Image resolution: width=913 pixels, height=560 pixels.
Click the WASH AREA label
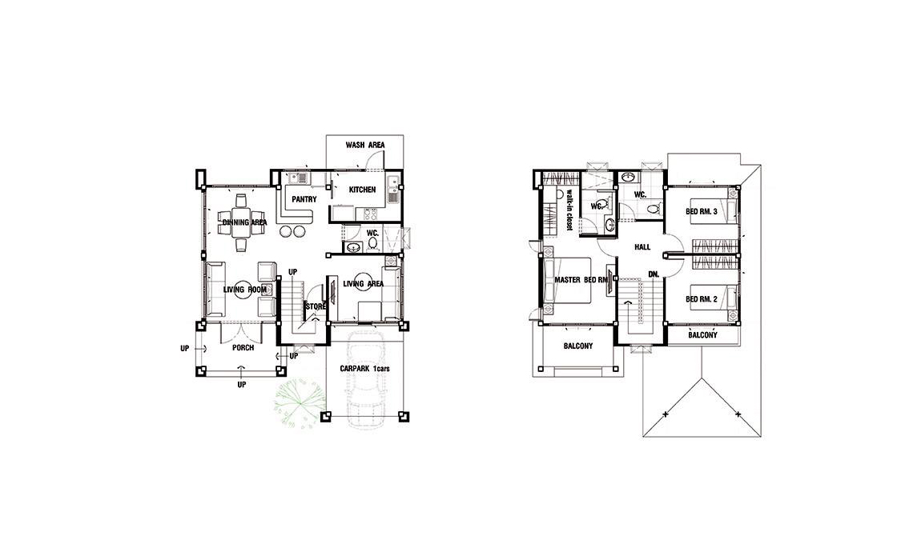pos(365,145)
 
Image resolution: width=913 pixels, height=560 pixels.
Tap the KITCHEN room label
pos(362,190)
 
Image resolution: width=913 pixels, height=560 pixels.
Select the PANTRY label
pos(304,199)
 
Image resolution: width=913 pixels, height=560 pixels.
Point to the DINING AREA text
pos(244,222)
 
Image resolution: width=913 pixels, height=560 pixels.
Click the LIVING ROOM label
pos(245,290)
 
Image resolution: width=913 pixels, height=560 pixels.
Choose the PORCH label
pos(243,348)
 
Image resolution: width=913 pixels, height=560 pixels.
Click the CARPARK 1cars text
pos(365,370)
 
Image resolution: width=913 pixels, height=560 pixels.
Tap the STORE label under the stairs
pos(316,306)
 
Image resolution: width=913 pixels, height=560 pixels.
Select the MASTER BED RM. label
pos(581,280)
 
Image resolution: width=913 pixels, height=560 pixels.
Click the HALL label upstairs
pos(642,247)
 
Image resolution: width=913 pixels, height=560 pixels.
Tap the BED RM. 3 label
pos(701,212)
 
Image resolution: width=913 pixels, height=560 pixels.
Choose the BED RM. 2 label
pos(701,299)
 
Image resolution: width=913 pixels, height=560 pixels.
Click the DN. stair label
pos(654,274)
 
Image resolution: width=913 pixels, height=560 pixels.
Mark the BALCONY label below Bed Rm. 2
pos(703,335)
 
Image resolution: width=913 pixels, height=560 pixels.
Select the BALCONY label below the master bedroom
pos(578,346)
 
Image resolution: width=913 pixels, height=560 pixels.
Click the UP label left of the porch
pos(184,349)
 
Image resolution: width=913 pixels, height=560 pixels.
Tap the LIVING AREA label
pos(364,284)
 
